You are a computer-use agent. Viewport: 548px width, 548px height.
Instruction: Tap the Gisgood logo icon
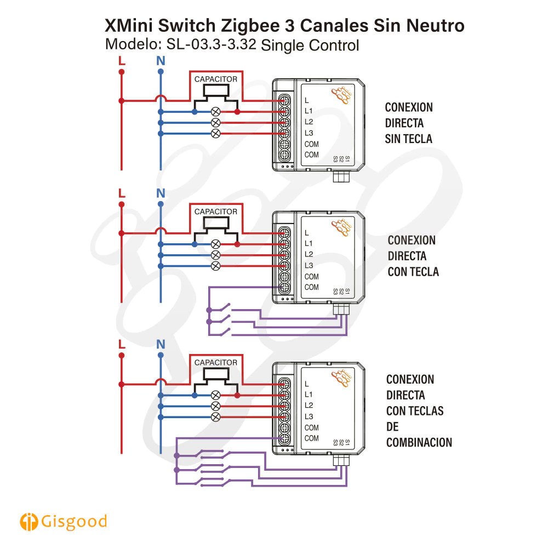(x=28, y=522)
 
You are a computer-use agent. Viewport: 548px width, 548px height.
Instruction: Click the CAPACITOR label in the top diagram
(x=216, y=79)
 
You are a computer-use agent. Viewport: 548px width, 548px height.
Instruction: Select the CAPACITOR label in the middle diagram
(x=216, y=212)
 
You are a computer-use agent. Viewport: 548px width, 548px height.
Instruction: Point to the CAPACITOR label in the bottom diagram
(x=216, y=362)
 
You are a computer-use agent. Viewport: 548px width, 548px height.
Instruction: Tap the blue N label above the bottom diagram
(x=161, y=344)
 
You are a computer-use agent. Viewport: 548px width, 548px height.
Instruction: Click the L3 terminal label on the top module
(x=309, y=133)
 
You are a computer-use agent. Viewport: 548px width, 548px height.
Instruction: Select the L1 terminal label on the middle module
(x=309, y=243)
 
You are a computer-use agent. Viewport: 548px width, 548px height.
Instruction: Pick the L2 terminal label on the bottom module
(x=309, y=406)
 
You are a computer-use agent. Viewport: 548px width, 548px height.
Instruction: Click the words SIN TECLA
(x=408, y=139)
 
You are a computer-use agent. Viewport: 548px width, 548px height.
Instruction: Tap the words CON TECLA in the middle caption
(x=413, y=271)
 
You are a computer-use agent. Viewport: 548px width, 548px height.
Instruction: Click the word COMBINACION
(x=419, y=442)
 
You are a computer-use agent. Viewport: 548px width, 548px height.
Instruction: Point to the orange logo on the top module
(x=341, y=95)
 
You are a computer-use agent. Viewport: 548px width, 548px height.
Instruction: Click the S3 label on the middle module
(x=335, y=292)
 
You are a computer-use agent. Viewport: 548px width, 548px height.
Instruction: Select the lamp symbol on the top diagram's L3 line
(x=216, y=133)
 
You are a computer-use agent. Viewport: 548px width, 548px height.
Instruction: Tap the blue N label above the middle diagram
(x=161, y=193)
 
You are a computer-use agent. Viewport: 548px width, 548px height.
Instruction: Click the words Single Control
(x=310, y=45)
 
